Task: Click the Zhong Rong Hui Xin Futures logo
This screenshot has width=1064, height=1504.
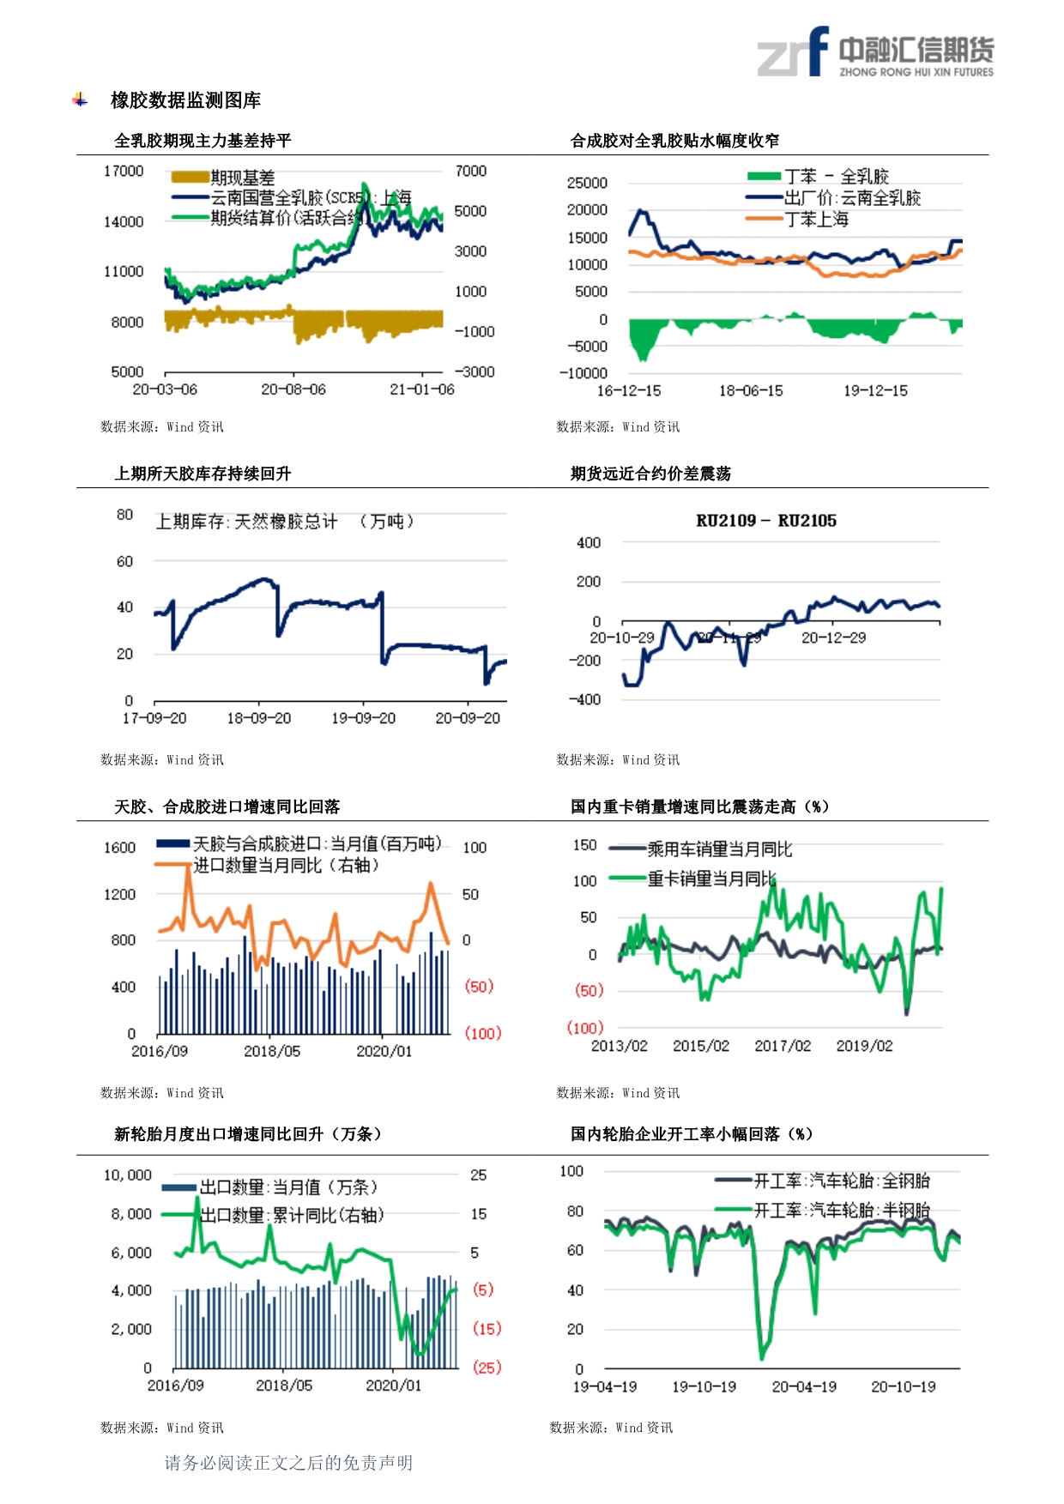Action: (x=874, y=53)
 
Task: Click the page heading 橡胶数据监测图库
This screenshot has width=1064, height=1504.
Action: (x=185, y=100)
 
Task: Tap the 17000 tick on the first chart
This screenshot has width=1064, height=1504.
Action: (x=124, y=172)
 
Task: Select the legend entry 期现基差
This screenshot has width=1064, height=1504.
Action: (x=242, y=178)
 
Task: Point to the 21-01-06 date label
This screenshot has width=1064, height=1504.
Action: (x=422, y=390)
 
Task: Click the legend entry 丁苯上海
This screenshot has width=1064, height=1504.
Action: (x=816, y=220)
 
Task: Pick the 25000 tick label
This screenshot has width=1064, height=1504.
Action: (x=587, y=183)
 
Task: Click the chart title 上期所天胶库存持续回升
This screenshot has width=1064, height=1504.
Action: (x=203, y=474)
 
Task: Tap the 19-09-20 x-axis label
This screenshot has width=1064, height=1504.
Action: (x=363, y=718)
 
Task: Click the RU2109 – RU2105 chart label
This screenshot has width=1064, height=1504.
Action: (x=765, y=521)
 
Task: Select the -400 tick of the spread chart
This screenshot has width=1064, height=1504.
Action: (x=584, y=699)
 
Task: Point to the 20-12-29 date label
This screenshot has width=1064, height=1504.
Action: (x=833, y=638)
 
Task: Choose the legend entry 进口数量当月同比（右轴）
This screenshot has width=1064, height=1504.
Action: (x=286, y=865)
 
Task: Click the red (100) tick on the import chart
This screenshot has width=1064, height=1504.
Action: (x=482, y=1033)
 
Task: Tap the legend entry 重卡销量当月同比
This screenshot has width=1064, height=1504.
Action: (x=711, y=879)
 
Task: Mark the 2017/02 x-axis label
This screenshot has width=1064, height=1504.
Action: (x=783, y=1046)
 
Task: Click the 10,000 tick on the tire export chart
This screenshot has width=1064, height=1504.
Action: (x=128, y=1175)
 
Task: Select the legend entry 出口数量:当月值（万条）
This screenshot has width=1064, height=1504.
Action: (x=288, y=1187)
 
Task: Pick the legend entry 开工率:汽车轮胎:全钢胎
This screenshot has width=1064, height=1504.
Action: (x=841, y=1181)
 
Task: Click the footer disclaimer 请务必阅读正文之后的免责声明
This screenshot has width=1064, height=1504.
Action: (x=288, y=1463)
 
